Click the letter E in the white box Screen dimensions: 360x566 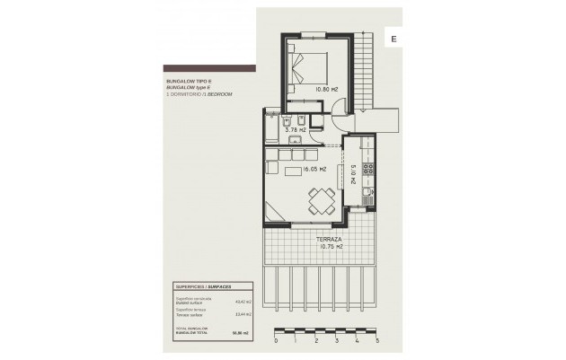point(394,38)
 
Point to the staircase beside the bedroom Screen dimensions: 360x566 point(366,67)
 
